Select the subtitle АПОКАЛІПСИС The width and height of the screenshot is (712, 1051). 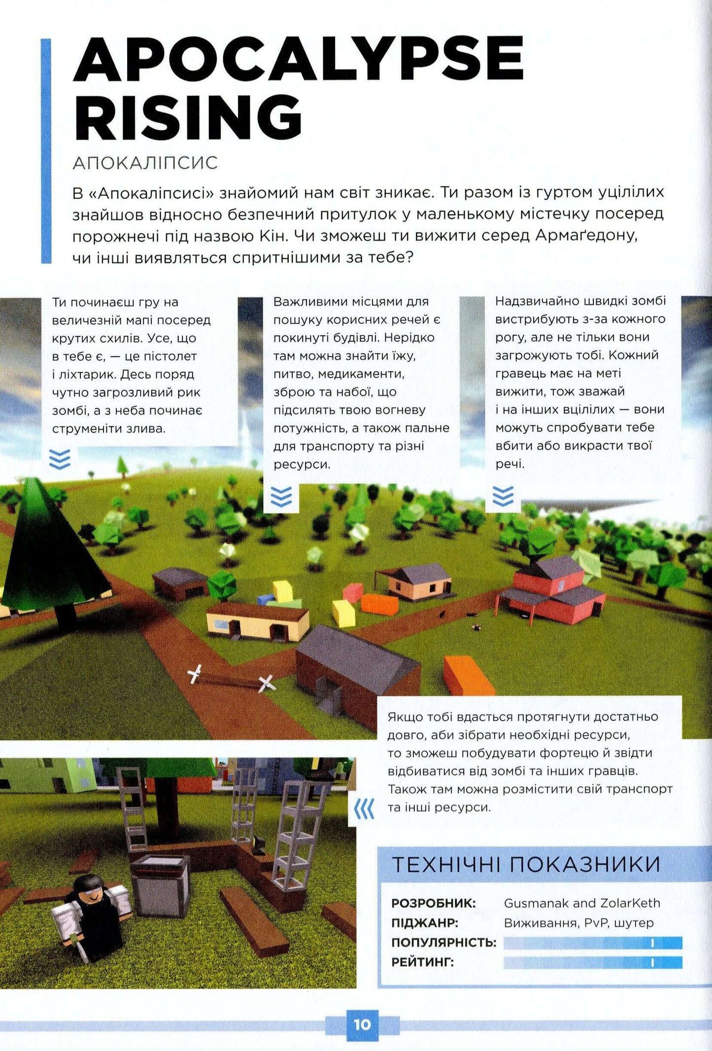tap(145, 163)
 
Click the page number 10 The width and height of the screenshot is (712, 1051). tap(362, 1024)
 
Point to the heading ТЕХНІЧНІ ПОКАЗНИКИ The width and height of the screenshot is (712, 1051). tap(526, 865)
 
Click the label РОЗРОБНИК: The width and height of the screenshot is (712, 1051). tap(434, 903)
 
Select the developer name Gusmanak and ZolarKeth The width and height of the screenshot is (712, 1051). tap(581, 903)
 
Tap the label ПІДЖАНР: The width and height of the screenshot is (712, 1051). tap(425, 922)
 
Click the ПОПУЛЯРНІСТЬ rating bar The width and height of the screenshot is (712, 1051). tap(593, 943)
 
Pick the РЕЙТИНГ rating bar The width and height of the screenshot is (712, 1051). tap(593, 962)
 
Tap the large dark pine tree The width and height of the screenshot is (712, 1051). tap(54, 552)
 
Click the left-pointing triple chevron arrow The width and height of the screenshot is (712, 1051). tap(365, 809)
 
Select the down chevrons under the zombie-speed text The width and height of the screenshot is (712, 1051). tap(503, 496)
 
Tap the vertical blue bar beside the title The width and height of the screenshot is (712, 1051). tap(46, 151)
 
